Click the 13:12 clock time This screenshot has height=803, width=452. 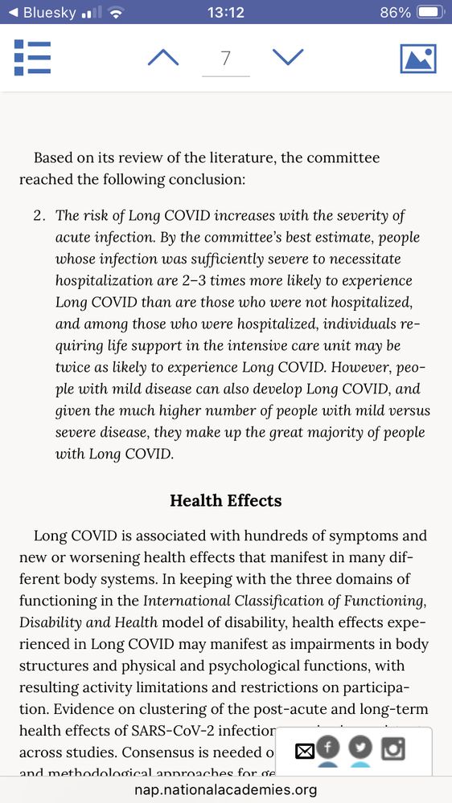tap(225, 12)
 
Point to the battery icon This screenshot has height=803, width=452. tap(430, 12)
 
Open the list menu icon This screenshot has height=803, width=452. tap(32, 58)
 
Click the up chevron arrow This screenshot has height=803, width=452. tap(163, 58)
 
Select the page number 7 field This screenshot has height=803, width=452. tap(225, 59)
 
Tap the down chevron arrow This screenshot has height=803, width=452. tap(288, 58)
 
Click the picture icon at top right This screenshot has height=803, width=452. tap(418, 59)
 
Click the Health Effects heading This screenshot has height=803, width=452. tap(225, 500)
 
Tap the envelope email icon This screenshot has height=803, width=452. tap(304, 752)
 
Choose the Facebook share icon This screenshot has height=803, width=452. tap(328, 748)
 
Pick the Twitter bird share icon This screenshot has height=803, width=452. tap(360, 748)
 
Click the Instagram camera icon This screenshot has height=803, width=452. tap(392, 748)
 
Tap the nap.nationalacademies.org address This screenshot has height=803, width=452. tap(225, 790)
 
